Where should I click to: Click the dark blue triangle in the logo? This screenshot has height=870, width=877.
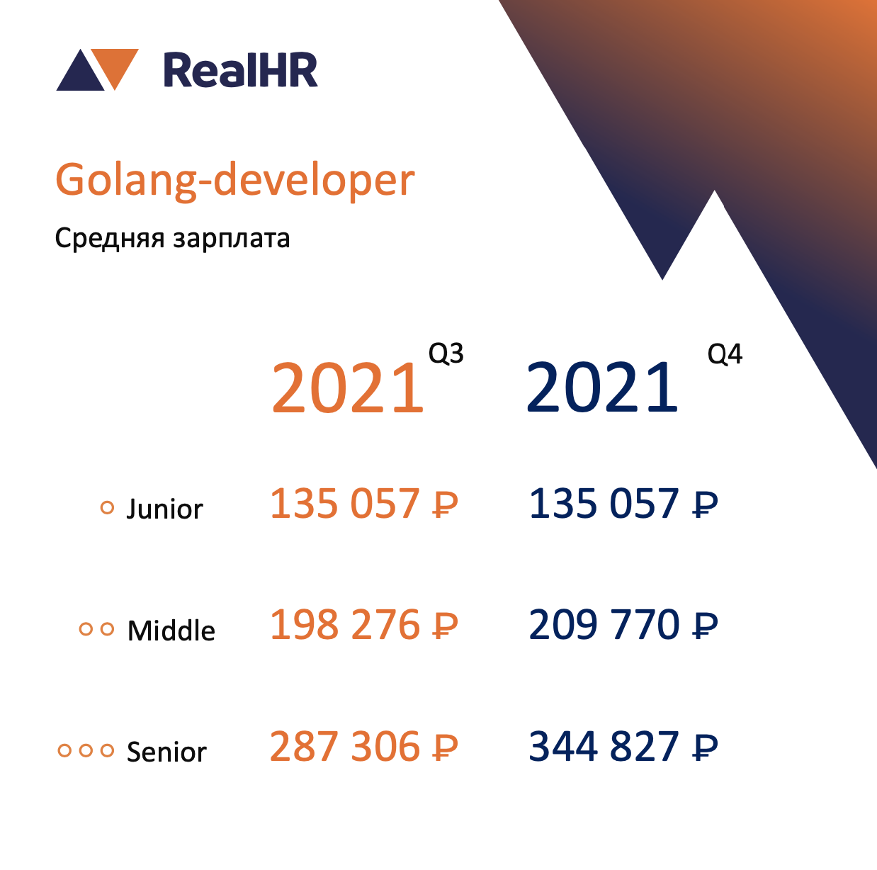pyautogui.click(x=81, y=73)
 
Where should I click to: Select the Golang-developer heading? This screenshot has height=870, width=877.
pyautogui.click(x=235, y=181)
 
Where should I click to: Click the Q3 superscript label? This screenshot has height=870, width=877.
pyautogui.click(x=446, y=354)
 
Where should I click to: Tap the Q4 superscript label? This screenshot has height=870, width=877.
pyautogui.click(x=725, y=354)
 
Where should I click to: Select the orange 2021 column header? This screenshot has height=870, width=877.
pyautogui.click(x=347, y=387)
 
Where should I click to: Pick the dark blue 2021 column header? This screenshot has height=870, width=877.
pyautogui.click(x=601, y=387)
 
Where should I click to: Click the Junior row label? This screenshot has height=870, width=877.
pyautogui.click(x=164, y=509)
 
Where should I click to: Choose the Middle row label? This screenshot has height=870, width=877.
pyautogui.click(x=171, y=631)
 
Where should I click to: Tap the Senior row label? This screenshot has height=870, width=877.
pyautogui.click(x=166, y=752)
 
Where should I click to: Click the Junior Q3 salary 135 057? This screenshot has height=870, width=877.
pyautogui.click(x=363, y=504)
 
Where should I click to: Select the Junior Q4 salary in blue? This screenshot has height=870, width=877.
pyautogui.click(x=623, y=504)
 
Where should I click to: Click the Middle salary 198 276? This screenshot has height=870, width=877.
pyautogui.click(x=363, y=625)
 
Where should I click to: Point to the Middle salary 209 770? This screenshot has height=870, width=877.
pyautogui.click(x=623, y=625)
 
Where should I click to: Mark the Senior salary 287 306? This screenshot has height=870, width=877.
pyautogui.click(x=363, y=746)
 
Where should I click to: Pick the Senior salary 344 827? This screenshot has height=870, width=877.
pyautogui.click(x=623, y=746)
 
